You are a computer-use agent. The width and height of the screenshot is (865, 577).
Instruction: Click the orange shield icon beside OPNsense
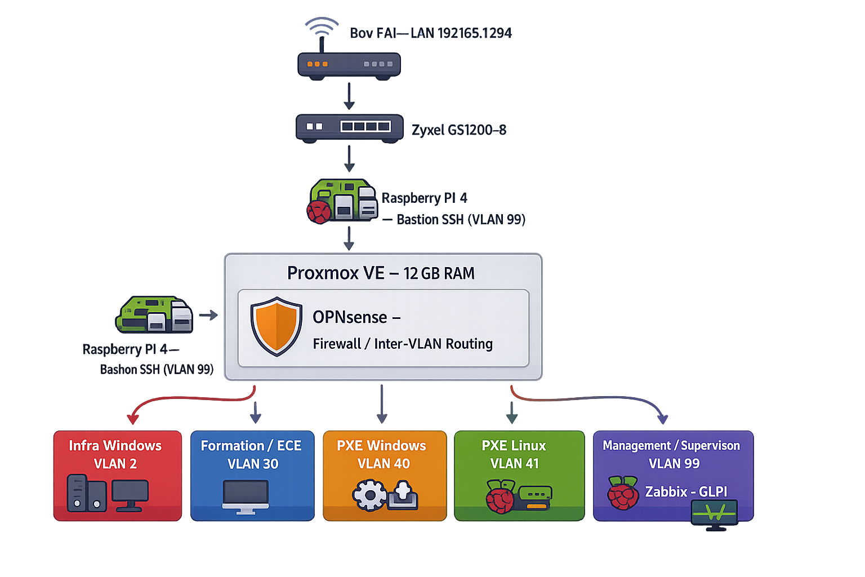click(x=276, y=326)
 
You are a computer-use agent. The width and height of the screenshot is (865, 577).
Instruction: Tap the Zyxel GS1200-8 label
click(x=459, y=130)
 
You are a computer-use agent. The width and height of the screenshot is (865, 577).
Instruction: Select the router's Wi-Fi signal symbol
click(x=322, y=26)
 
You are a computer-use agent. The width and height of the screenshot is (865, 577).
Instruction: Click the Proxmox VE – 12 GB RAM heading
click(x=381, y=273)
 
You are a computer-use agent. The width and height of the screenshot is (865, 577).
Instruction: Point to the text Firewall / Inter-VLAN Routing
click(x=403, y=344)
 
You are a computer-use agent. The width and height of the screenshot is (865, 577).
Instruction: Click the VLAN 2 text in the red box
click(x=115, y=464)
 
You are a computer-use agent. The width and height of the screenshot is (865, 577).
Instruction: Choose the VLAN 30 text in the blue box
click(x=253, y=464)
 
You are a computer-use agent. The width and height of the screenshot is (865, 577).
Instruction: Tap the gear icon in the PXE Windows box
click(x=369, y=495)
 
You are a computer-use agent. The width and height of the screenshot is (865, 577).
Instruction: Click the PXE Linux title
click(x=514, y=446)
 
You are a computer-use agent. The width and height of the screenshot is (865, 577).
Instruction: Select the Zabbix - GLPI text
click(x=686, y=492)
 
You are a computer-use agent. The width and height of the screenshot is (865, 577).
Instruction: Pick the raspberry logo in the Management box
click(x=622, y=493)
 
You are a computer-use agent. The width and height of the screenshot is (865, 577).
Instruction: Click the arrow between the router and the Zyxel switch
click(x=349, y=96)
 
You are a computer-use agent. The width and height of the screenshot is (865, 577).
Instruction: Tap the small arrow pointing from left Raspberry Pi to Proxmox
click(x=208, y=315)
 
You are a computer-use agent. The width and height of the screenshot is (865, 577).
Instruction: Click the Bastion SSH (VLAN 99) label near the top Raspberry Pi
click(x=461, y=220)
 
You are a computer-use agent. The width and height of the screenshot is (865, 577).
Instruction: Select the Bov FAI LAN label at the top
click(x=431, y=33)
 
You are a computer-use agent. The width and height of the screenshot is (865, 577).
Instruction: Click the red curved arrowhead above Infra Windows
click(x=133, y=419)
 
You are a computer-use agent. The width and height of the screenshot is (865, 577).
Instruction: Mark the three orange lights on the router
click(x=317, y=64)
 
